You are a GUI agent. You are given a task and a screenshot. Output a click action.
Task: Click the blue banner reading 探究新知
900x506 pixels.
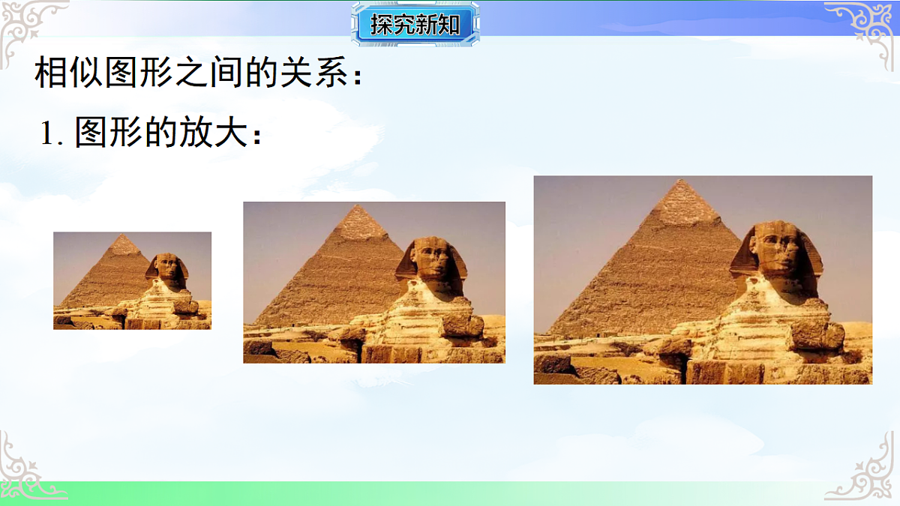tap(415, 25)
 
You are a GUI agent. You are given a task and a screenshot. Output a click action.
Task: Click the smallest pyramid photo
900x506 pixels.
tap(132, 280)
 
